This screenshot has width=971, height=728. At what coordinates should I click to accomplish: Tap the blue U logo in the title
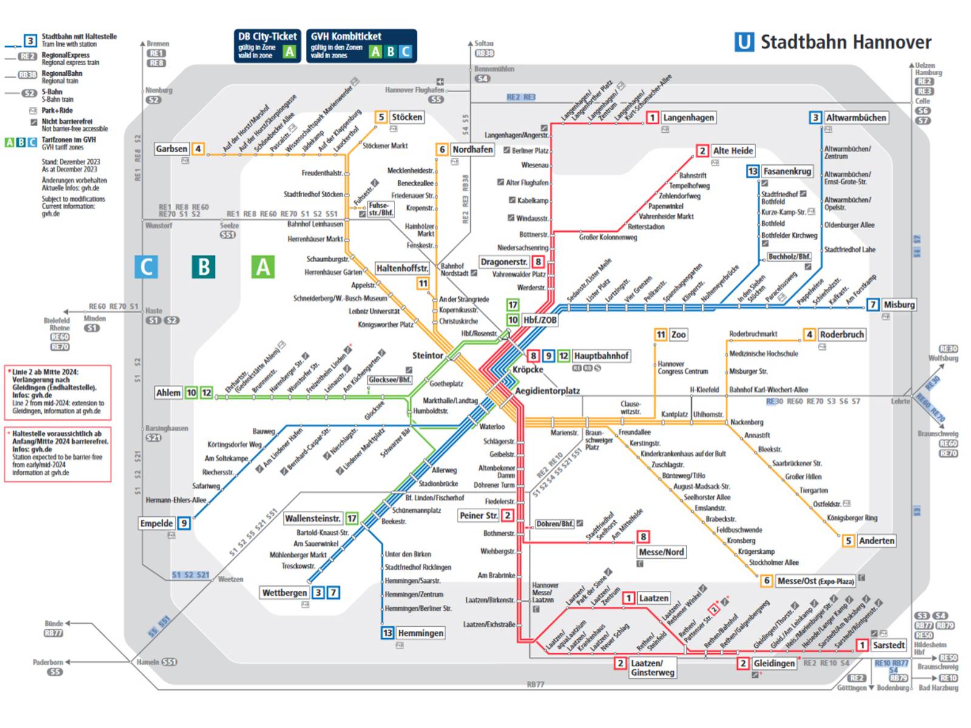(743, 42)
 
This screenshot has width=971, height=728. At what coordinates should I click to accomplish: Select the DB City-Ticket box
(267, 45)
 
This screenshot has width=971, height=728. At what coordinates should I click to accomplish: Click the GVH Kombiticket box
(361, 45)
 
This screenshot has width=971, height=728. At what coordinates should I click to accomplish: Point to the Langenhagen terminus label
(688, 118)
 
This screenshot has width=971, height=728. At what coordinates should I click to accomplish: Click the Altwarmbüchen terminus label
(856, 118)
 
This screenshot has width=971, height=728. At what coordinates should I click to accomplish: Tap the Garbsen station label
(171, 149)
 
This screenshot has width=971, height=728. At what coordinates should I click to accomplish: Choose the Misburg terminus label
(899, 305)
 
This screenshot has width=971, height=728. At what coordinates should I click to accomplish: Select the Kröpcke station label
(527, 369)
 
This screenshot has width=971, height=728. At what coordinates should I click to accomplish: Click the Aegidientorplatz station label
(547, 391)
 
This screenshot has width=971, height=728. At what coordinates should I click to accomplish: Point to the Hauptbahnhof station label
(601, 356)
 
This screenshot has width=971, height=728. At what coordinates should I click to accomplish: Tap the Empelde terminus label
(157, 523)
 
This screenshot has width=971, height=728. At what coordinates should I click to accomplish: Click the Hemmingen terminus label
(421, 633)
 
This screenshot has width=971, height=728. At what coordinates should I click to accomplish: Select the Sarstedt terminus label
(888, 645)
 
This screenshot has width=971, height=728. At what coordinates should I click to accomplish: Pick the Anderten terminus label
(876, 541)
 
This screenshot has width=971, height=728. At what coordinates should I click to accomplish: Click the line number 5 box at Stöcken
(381, 117)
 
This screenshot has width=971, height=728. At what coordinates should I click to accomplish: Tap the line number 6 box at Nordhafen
(442, 149)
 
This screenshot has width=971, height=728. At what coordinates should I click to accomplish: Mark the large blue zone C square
(146, 266)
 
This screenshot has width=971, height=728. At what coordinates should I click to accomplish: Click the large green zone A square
(263, 266)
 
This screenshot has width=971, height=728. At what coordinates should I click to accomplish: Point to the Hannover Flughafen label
(414, 90)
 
